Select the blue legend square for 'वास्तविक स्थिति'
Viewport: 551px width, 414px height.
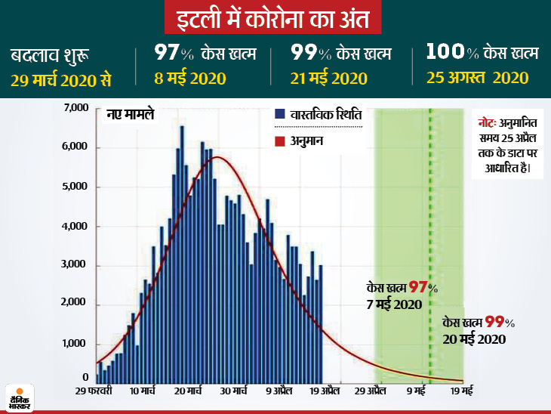point(280,114)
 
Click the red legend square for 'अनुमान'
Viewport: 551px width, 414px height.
point(280,141)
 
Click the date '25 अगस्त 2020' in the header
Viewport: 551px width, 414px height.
point(475,77)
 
